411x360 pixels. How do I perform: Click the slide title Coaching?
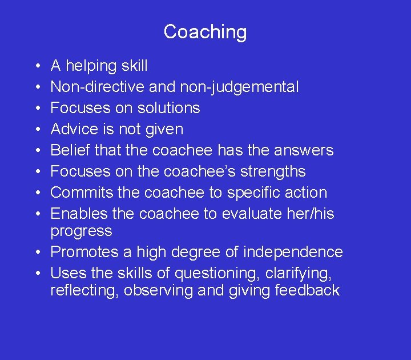point(205,31)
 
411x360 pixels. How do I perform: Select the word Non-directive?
point(98,87)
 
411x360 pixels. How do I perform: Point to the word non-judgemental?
point(239,87)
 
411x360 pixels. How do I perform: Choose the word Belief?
point(68,150)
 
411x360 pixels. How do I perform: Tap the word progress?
point(81,231)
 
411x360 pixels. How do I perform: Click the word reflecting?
point(84,290)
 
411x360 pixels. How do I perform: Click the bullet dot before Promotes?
point(36,252)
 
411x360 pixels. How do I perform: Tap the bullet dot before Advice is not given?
point(36,129)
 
